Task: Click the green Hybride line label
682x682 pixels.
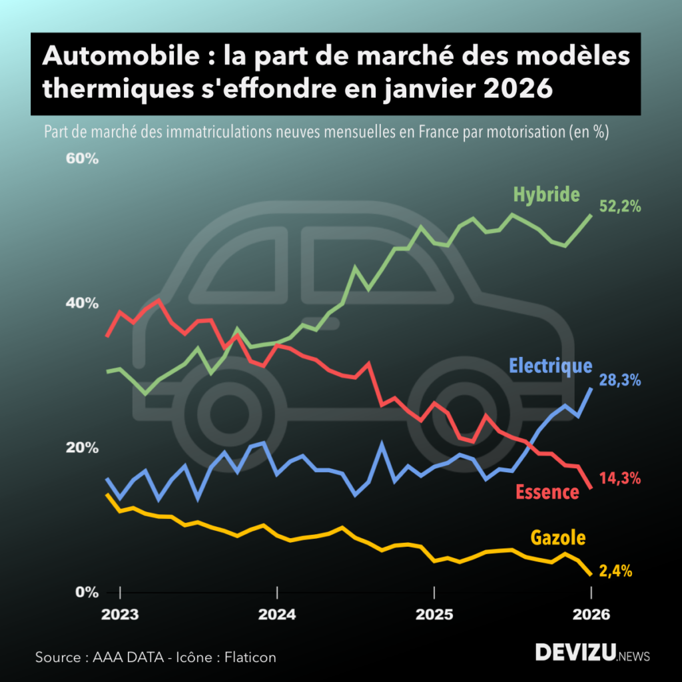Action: pos(546,194)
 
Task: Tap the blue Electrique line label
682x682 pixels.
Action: pos(550,366)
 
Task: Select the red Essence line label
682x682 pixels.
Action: pos(547,492)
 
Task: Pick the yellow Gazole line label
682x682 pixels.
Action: pos(557,537)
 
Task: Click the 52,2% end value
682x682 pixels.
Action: pos(620,206)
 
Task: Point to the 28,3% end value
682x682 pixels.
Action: pos(620,380)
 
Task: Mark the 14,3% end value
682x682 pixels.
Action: pos(620,478)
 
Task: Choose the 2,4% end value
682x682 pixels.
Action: pos(615,571)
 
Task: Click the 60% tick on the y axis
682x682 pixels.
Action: pos(82,159)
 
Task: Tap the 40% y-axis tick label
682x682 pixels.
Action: pos(82,303)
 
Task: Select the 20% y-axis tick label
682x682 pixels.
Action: pos(82,448)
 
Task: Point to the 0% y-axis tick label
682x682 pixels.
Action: pos(86,592)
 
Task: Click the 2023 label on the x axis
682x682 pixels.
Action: pos(121,614)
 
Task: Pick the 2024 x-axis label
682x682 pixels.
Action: pos(278,614)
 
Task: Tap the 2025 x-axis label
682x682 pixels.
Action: pos(434,614)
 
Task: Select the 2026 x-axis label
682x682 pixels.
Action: pos(591,614)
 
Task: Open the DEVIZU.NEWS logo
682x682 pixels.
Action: pos(592,653)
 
